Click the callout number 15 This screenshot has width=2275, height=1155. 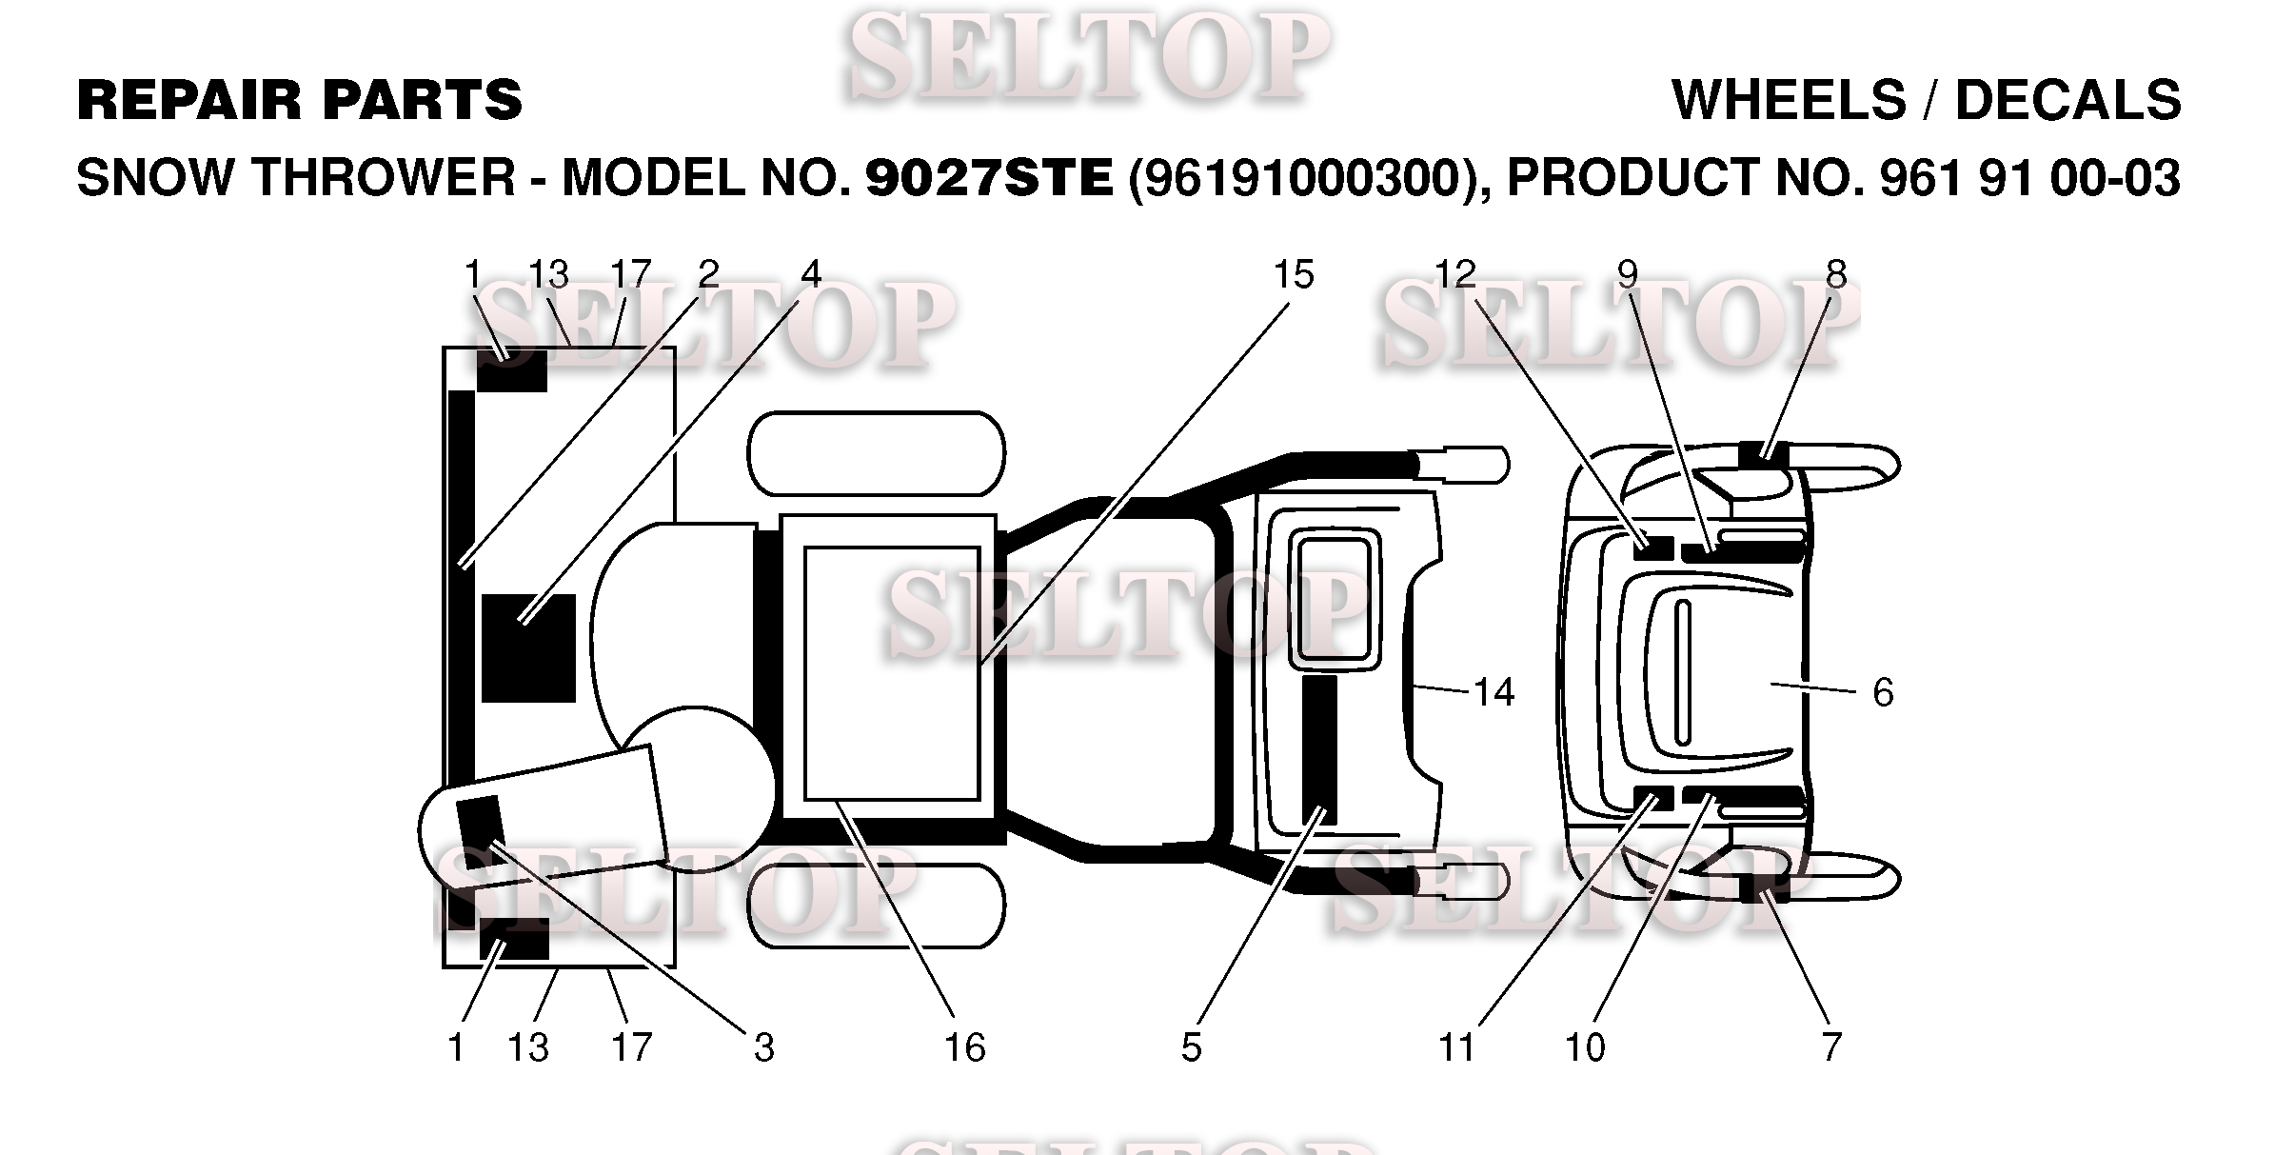(1293, 275)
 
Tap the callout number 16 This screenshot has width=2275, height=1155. (964, 1047)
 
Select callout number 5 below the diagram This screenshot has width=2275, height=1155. (1191, 1047)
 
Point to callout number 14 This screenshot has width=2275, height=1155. (1494, 692)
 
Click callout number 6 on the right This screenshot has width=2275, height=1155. (1883, 692)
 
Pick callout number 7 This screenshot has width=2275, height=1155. (1832, 1047)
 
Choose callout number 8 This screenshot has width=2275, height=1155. (1836, 275)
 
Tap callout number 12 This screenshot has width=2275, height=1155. (1454, 275)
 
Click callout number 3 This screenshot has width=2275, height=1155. (764, 1047)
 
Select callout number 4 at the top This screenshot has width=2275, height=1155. (811, 275)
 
